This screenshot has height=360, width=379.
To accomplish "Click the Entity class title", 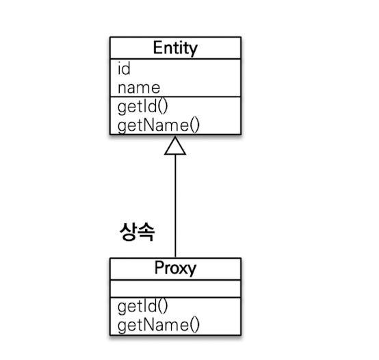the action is click(175, 48).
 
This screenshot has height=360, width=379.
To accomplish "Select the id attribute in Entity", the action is click(124, 68).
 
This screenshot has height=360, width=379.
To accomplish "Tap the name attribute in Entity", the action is click(139, 88).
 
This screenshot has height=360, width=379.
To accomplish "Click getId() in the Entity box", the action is click(142, 107).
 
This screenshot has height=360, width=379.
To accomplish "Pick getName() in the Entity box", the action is click(159, 126).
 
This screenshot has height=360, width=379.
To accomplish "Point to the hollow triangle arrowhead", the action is click(175, 145).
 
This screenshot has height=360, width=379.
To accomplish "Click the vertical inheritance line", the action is click(175, 206).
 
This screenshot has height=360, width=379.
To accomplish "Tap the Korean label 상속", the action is click(137, 231).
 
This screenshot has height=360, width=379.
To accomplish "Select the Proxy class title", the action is click(175, 268).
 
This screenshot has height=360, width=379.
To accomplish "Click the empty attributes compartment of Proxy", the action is click(175, 289).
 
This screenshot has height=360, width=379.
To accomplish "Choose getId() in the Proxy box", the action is click(142, 306).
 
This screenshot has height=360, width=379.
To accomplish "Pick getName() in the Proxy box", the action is click(159, 325).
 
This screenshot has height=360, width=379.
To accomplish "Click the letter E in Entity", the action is click(157, 47).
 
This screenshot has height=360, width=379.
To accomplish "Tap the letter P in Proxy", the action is click(159, 267).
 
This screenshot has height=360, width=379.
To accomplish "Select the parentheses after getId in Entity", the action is click(163, 107).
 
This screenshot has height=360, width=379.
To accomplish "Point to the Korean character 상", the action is click(128, 231).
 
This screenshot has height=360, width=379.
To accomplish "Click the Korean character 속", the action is click(146, 231).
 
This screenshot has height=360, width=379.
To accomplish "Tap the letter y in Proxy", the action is click(192, 270).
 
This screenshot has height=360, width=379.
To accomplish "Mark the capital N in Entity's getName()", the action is click(151, 125).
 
